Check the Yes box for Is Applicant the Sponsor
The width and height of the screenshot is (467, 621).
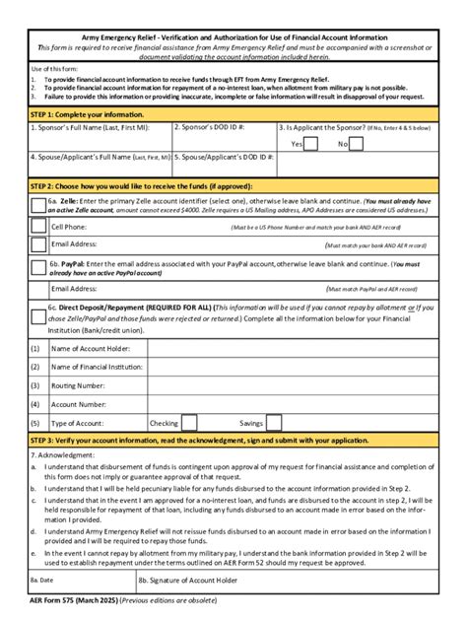(x=310, y=144)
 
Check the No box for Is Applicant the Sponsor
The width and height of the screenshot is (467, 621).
(x=357, y=144)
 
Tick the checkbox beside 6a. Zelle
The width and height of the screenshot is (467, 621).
(x=37, y=204)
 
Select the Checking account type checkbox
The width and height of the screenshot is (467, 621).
(x=187, y=422)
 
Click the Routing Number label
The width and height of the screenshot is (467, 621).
(x=78, y=385)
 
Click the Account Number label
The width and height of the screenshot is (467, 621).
(x=79, y=404)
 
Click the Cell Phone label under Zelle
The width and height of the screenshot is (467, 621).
(x=69, y=227)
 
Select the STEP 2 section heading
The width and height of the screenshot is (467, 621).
(x=148, y=184)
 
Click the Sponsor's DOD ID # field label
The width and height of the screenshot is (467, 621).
(x=209, y=127)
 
